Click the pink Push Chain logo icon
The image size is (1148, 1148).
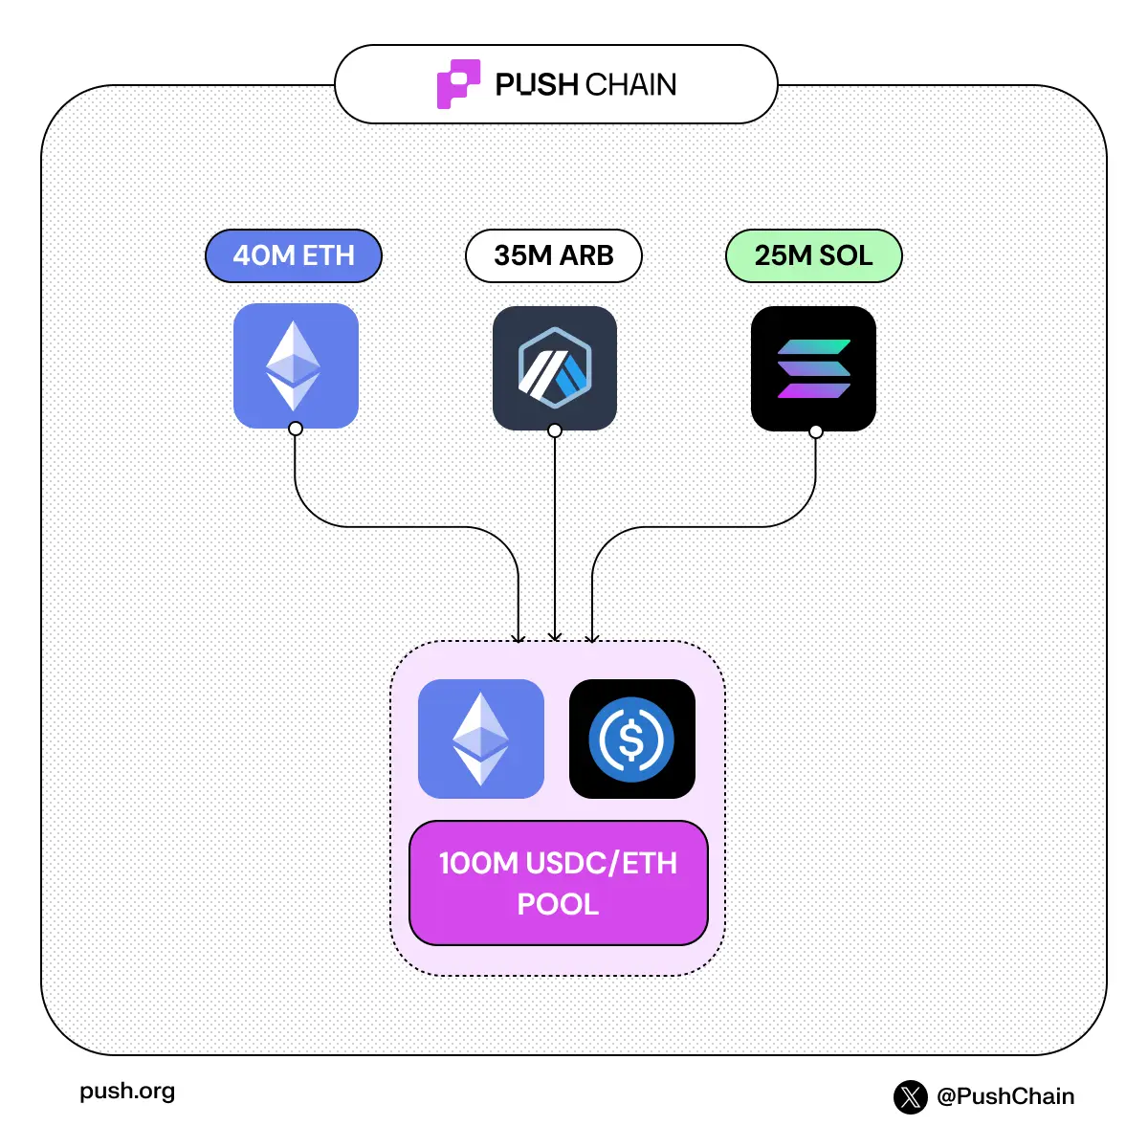point(458,84)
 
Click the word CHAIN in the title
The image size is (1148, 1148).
point(630,85)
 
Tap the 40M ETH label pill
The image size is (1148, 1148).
point(294,255)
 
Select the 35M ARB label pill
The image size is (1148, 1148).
point(554,255)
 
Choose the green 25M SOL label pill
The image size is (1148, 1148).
point(814,255)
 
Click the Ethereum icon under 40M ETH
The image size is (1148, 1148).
point(296,365)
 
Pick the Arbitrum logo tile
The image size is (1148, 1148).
point(555,368)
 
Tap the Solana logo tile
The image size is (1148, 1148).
point(814,368)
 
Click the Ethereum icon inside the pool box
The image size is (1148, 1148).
point(481,739)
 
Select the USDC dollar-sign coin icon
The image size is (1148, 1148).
point(631,739)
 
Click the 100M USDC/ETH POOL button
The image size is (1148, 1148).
point(559,883)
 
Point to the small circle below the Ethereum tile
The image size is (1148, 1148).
point(296,429)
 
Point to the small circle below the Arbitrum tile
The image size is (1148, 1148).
point(555,430)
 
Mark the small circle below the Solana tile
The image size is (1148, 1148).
point(816,431)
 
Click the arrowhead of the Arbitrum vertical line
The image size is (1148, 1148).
point(555,637)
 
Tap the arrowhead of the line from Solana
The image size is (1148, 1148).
point(592,637)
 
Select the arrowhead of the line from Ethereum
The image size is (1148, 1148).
point(519,637)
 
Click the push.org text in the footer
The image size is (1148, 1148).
point(127,1092)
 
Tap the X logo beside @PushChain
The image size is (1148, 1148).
point(911,1096)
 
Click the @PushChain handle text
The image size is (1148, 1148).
point(1005,1096)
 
